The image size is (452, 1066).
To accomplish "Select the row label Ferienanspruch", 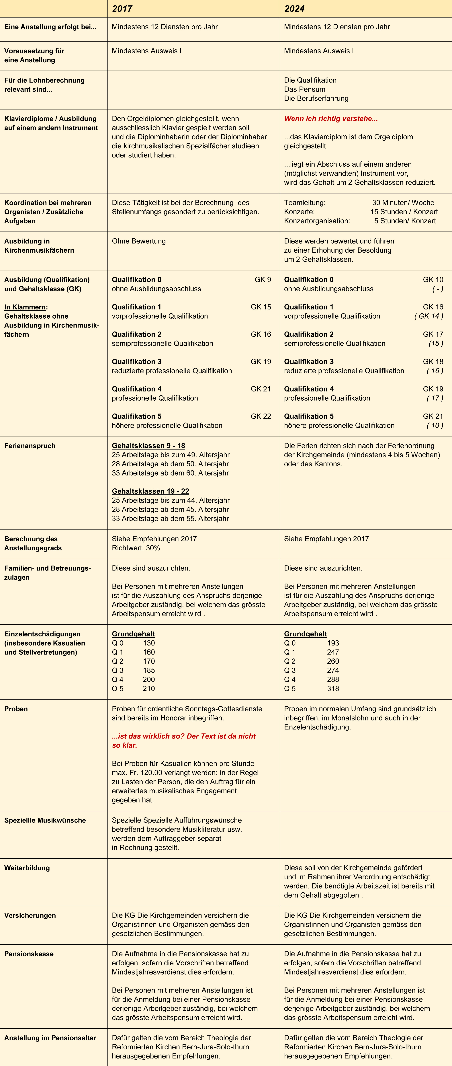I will [30, 446].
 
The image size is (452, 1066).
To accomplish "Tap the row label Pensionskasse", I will [29, 954].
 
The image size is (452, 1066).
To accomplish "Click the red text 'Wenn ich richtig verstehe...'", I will [331, 119].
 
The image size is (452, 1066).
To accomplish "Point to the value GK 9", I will [263, 280].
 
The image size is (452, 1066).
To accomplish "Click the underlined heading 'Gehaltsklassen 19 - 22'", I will [150, 491].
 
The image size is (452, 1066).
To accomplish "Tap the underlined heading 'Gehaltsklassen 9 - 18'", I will [148, 446].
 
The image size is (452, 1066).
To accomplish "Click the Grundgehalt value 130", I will [149, 643].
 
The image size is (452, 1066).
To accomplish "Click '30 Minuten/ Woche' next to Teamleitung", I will [403, 203].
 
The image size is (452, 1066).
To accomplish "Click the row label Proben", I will [16, 709].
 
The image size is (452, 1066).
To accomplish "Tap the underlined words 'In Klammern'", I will [25, 307].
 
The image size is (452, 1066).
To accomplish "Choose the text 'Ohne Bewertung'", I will [139, 241].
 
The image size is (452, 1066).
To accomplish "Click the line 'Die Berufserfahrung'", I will [316, 98].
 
